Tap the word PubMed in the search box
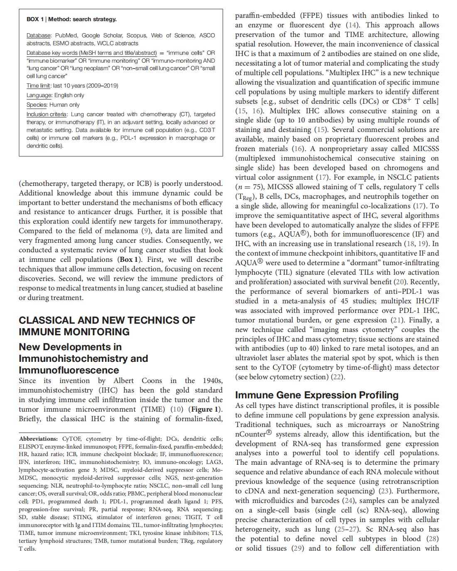tap(66, 35)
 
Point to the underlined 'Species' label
tap(37, 105)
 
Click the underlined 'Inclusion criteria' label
tap(47, 114)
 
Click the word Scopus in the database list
tap(136, 35)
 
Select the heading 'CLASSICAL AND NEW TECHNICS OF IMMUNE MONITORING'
tap(107, 326)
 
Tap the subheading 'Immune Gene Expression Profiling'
tap(317, 395)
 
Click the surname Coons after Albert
tap(152, 381)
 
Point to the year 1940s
tap(212, 381)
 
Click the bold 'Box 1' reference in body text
tap(126, 259)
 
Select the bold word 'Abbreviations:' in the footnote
tap(38, 439)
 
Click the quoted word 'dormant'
tap(384, 263)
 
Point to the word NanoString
tap(421, 425)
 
